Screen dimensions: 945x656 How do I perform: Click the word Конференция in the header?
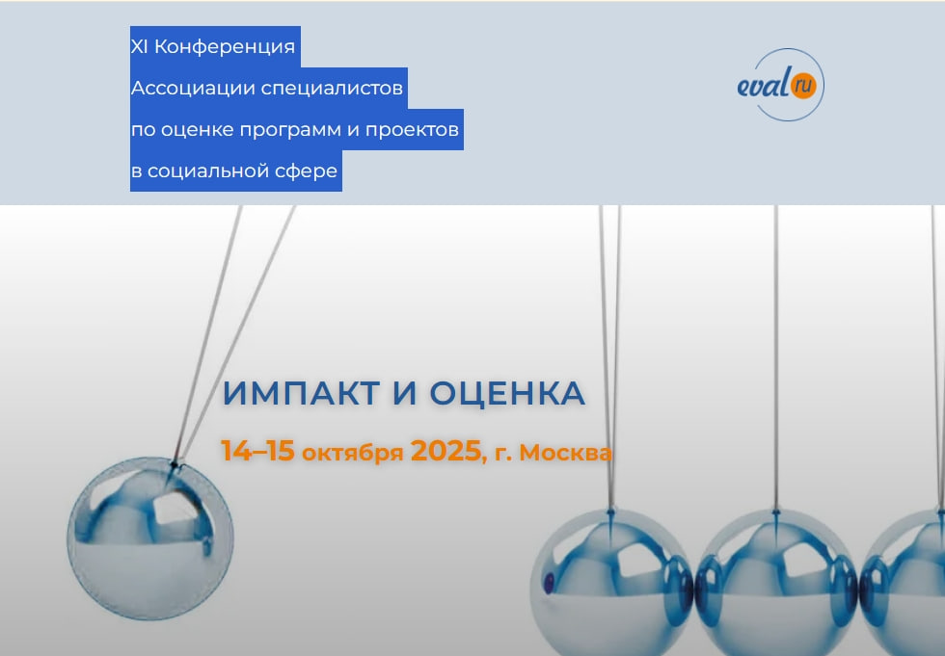[225, 47]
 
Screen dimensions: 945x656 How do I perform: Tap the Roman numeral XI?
[139, 46]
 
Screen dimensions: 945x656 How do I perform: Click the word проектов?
[413, 130]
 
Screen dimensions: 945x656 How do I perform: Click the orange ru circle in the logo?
[802, 85]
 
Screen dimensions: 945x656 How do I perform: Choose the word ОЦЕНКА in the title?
[507, 393]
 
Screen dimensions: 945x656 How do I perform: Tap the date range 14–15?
[258, 450]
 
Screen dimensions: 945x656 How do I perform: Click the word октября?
[353, 452]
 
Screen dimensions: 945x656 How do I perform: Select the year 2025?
[445, 450]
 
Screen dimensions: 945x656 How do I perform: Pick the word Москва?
[565, 452]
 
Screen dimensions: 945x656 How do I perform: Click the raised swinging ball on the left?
[150, 539]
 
